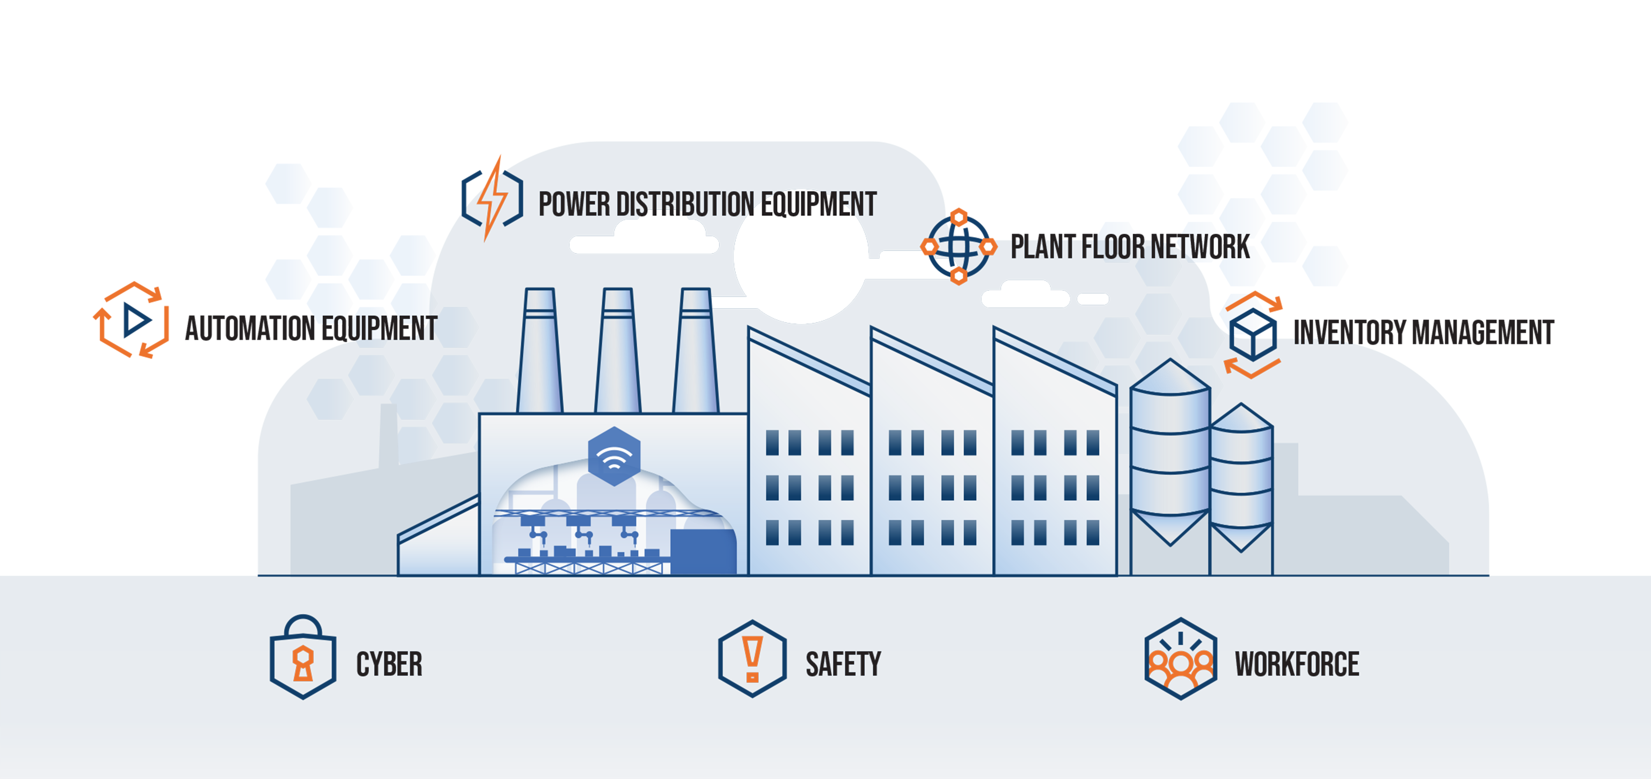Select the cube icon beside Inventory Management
(x=1253, y=334)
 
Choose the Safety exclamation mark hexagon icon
(x=752, y=658)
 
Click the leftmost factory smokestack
(x=540, y=352)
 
